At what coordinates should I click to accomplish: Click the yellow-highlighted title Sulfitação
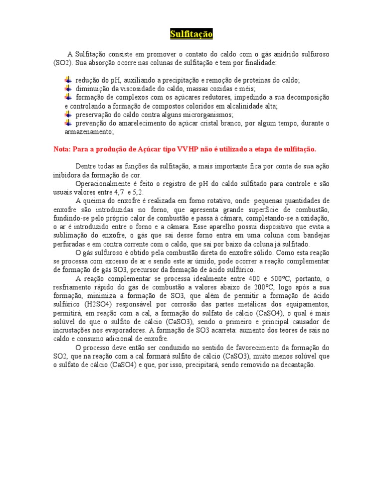click(191, 34)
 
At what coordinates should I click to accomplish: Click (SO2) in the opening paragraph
click(62, 63)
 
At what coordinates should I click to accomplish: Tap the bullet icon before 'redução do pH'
click(68, 80)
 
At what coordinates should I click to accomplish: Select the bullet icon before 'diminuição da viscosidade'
click(68, 88)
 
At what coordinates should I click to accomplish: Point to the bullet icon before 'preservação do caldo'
click(68, 114)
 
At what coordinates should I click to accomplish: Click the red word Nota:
click(63, 149)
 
